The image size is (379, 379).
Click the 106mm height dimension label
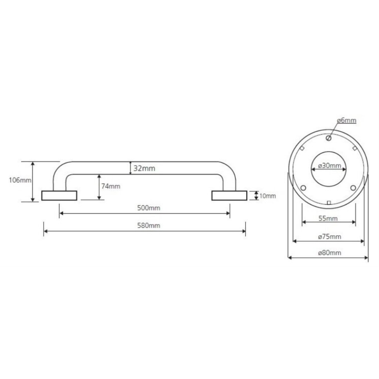tap(20, 180)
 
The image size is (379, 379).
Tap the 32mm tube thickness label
tap(144, 168)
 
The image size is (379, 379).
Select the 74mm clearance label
tap(111, 186)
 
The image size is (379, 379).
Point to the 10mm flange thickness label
tap(268, 196)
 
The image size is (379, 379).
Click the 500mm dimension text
tap(149, 208)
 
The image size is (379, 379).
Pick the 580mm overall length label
tap(149, 226)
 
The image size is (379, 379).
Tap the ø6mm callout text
tap(347, 120)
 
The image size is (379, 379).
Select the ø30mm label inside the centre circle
tap(330, 166)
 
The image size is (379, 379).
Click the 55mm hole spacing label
tap(328, 219)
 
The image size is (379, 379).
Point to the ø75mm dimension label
tap(330, 236)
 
